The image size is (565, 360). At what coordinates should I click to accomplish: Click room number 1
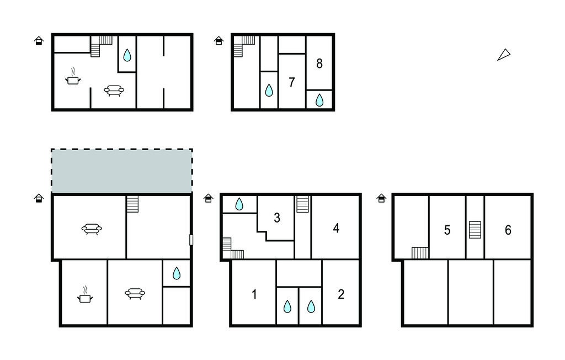click(254, 294)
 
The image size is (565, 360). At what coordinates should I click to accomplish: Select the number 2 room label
click(341, 294)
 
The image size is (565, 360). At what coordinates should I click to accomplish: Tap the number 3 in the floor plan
click(277, 218)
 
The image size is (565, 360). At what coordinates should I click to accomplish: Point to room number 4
click(336, 228)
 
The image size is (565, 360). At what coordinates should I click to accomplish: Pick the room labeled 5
click(447, 230)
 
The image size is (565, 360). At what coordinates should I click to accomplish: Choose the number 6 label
click(508, 230)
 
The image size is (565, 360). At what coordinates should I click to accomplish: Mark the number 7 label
click(292, 83)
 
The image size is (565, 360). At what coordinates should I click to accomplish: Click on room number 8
click(319, 64)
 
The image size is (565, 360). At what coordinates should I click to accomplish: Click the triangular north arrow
click(504, 55)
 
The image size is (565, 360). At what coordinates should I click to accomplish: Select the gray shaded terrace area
click(122, 171)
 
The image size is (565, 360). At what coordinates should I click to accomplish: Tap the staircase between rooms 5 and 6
click(475, 230)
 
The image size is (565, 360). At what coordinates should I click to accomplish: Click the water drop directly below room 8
click(319, 100)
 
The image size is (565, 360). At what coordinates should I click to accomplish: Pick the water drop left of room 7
click(269, 90)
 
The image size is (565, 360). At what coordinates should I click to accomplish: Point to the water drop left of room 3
click(239, 204)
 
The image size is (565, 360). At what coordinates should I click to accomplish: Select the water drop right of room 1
click(287, 306)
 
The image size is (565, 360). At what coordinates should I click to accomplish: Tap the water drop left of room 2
click(311, 306)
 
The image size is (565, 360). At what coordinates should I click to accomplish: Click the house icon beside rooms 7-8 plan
click(218, 41)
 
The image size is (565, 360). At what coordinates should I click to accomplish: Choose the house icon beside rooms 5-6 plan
click(381, 198)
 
